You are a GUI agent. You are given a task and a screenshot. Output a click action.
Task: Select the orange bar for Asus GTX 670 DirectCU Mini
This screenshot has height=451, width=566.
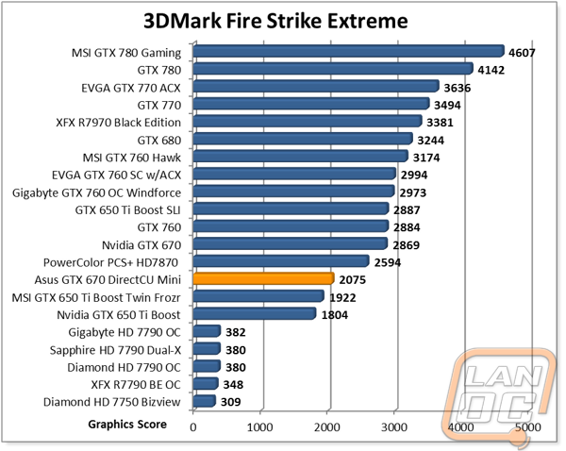[x=263, y=278]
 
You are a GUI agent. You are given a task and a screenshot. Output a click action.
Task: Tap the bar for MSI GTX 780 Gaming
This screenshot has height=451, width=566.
[x=348, y=52]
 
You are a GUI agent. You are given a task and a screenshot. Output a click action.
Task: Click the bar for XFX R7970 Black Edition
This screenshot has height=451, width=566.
[x=307, y=121]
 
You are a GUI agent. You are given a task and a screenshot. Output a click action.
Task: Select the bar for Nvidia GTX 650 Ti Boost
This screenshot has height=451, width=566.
[x=254, y=313]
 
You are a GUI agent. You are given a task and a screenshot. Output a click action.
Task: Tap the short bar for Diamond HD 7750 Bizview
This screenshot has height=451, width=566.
[x=204, y=402]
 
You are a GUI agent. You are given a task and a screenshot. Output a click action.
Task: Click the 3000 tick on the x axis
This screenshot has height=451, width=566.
[x=394, y=427]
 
